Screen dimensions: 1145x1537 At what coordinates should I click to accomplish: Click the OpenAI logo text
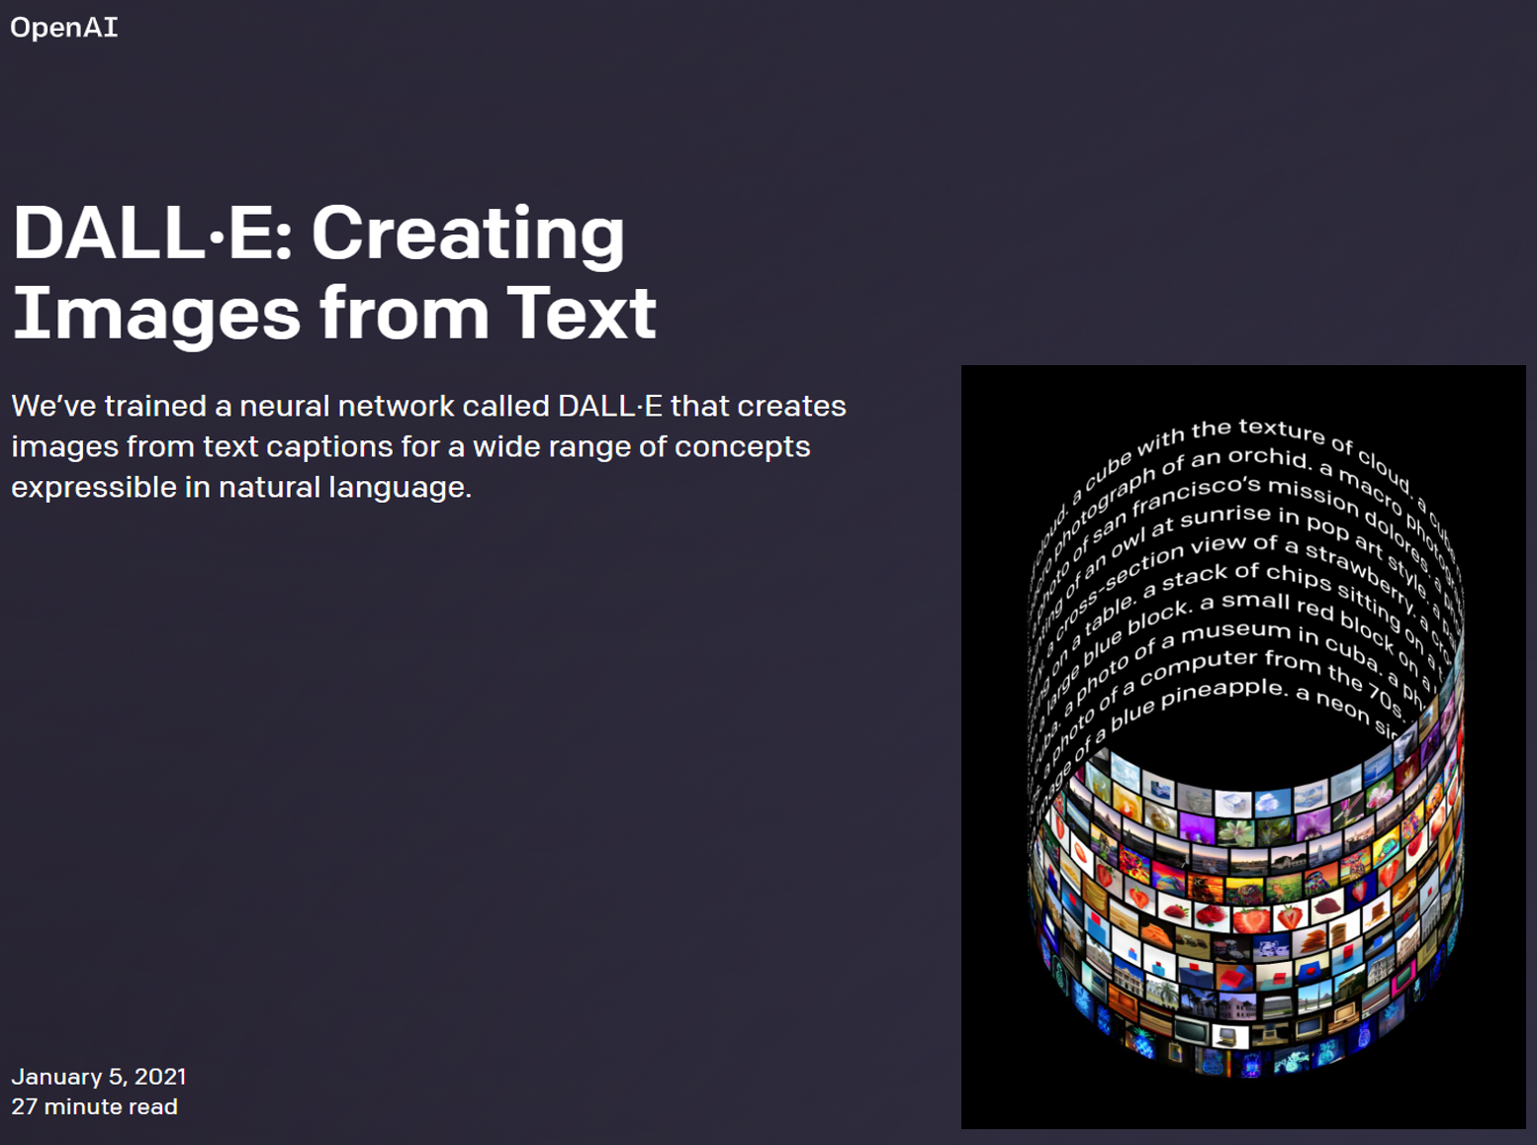coord(64,27)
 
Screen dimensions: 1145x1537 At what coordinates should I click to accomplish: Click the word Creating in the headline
coord(468,235)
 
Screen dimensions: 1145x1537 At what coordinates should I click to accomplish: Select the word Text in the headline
coord(582,313)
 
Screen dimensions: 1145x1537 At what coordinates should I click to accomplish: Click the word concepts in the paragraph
coord(742,446)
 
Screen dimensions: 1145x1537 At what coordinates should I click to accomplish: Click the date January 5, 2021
coord(99,1077)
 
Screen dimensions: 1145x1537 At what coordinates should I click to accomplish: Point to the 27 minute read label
coord(95,1106)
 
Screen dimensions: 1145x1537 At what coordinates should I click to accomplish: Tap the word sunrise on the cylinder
coord(1225,516)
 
